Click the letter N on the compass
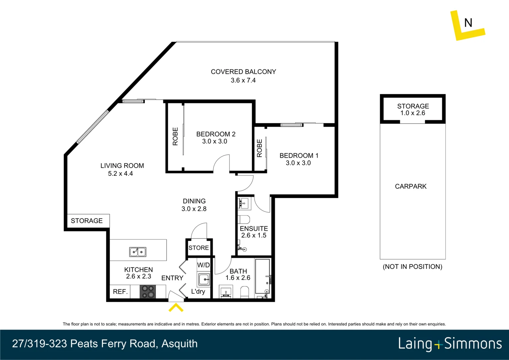click(x=468, y=23)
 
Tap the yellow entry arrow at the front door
click(x=176, y=307)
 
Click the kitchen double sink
click(x=138, y=252)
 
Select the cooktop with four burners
click(x=148, y=291)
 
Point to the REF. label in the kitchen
click(x=120, y=292)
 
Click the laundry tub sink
click(x=204, y=279)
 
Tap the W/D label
click(x=204, y=265)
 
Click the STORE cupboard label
click(x=199, y=248)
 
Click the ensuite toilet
click(x=244, y=220)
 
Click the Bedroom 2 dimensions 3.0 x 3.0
click(x=215, y=141)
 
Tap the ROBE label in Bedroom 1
click(x=259, y=148)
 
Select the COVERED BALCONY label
click(x=243, y=72)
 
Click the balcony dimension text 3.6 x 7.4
click(x=243, y=80)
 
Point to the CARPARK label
click(x=410, y=186)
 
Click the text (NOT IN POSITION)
click(x=412, y=267)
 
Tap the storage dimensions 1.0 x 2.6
click(x=413, y=113)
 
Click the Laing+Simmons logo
click(x=450, y=344)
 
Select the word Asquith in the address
click(x=179, y=344)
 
